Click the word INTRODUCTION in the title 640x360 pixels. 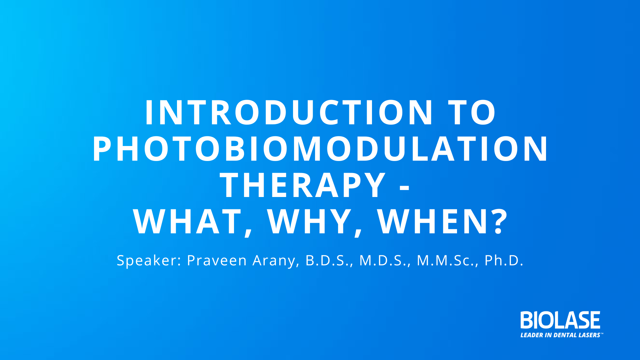tap(289, 113)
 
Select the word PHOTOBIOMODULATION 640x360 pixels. tap(320, 149)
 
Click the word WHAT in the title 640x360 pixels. tap(187, 222)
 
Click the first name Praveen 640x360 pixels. tap(217, 260)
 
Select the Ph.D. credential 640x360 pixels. tap(504, 261)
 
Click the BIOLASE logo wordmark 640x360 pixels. tap(560, 320)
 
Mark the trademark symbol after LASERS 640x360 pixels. tap(602, 333)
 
